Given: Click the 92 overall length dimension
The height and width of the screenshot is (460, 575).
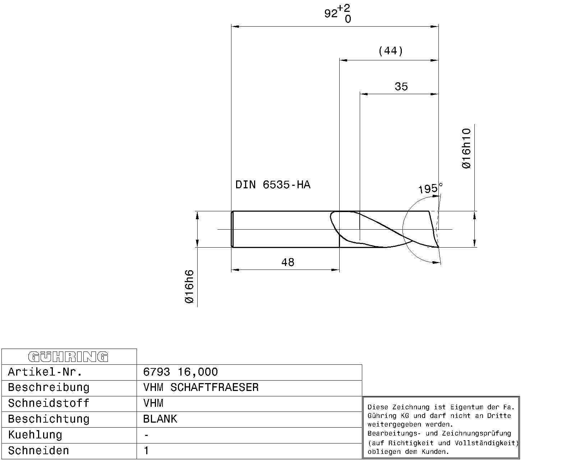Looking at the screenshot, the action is click(x=331, y=13).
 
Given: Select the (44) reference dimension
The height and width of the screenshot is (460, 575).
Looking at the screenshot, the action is click(x=390, y=51).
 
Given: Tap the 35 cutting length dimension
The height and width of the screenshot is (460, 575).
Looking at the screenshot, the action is click(x=401, y=87).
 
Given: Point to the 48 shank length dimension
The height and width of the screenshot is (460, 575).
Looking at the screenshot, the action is click(x=288, y=262).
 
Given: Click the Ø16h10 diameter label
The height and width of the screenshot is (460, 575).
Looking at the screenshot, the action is click(x=466, y=148).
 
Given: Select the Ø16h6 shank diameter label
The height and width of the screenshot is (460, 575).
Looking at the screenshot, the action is click(x=189, y=286).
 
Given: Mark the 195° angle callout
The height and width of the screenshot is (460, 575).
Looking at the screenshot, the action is click(x=430, y=188).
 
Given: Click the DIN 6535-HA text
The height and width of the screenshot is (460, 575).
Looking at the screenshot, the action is click(x=273, y=185).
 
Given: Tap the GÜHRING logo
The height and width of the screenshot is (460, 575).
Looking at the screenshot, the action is click(x=68, y=357).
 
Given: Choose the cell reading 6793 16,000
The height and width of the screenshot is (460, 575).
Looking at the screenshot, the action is click(x=180, y=372).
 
